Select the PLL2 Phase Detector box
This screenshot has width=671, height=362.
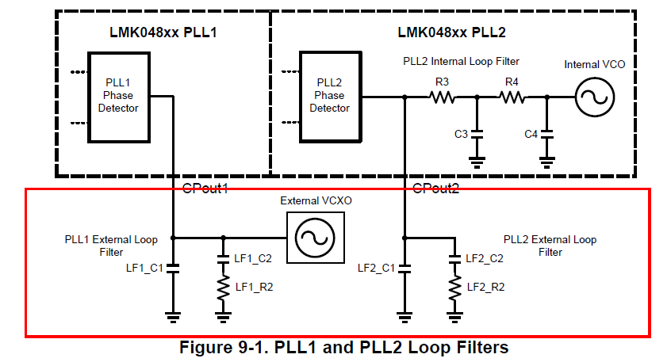pyautogui.click(x=329, y=97)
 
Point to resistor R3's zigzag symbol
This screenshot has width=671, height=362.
pyautogui.click(x=441, y=97)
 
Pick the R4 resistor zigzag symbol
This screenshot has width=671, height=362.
pyautogui.click(x=512, y=97)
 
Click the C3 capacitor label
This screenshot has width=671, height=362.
pyautogui.click(x=461, y=134)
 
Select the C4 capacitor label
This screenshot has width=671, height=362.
pyautogui.click(x=531, y=134)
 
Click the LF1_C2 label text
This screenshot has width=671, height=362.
pyautogui.click(x=254, y=258)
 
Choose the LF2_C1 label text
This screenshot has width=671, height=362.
pyautogui.click(x=377, y=268)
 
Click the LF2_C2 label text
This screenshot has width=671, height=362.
pyautogui.click(x=485, y=258)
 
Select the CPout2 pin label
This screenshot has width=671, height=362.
pyautogui.click(x=436, y=188)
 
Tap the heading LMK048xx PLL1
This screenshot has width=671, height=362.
pyautogui.click(x=163, y=32)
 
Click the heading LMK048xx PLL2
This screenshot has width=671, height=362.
pyautogui.click(x=452, y=32)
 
